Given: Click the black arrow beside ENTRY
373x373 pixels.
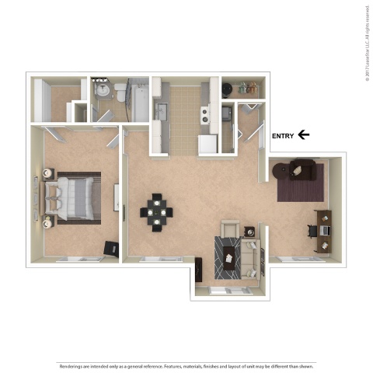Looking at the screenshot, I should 304,135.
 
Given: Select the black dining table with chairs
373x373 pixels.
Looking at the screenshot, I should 157,211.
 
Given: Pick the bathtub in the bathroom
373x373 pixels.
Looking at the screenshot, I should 138,99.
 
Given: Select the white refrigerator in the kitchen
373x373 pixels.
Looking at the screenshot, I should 207,144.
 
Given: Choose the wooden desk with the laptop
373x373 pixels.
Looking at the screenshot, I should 323,231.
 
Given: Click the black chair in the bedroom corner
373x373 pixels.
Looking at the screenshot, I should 110,248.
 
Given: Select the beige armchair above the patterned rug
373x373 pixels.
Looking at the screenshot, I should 230,229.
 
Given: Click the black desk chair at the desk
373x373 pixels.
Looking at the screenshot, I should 312,230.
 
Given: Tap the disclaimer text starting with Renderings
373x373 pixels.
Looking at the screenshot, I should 186,364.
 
